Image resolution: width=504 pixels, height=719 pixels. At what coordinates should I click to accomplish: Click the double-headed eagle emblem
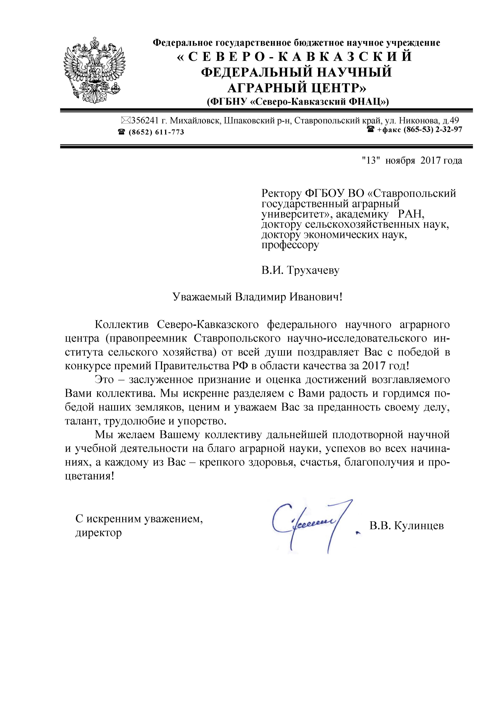pyautogui.click(x=94, y=70)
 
